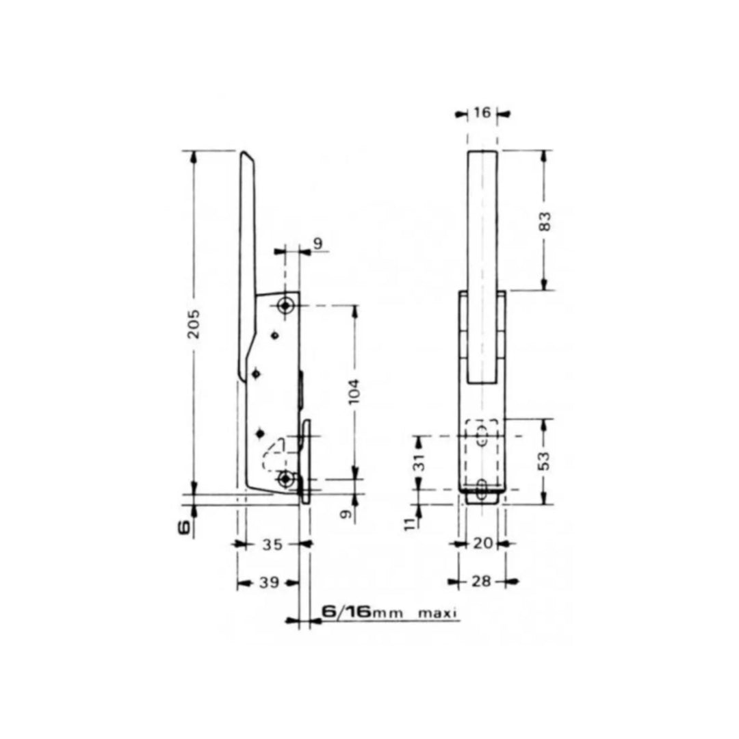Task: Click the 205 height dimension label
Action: pos(194,324)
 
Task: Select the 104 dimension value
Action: pos(354,391)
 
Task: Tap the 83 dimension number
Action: pos(545,222)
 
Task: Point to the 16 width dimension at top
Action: pos(482,113)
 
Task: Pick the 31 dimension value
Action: pos(420,463)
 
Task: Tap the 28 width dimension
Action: pos(481,581)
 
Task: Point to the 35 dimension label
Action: pos(272,545)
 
